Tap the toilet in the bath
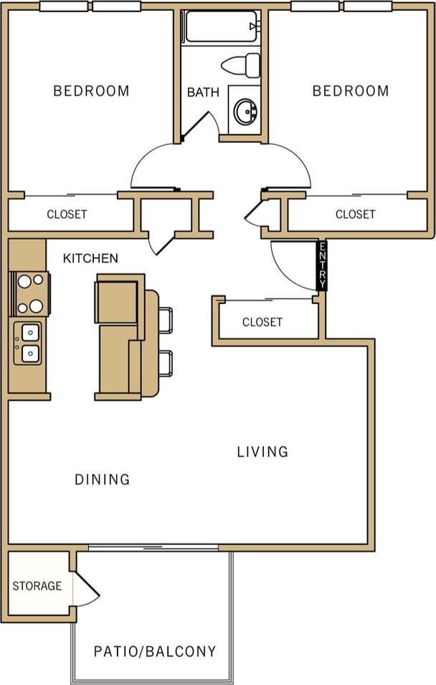point(242,65)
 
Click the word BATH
point(203,93)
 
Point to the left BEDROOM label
point(92,91)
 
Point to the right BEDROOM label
point(351,91)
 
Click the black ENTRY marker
point(322,265)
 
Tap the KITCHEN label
point(90,258)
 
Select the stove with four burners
point(29,293)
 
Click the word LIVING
point(262,452)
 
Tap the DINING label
point(103,479)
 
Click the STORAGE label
point(37,586)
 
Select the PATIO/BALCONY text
point(155,651)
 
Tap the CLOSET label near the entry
point(262,322)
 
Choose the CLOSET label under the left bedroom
point(67,214)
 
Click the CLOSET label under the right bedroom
point(355,214)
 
